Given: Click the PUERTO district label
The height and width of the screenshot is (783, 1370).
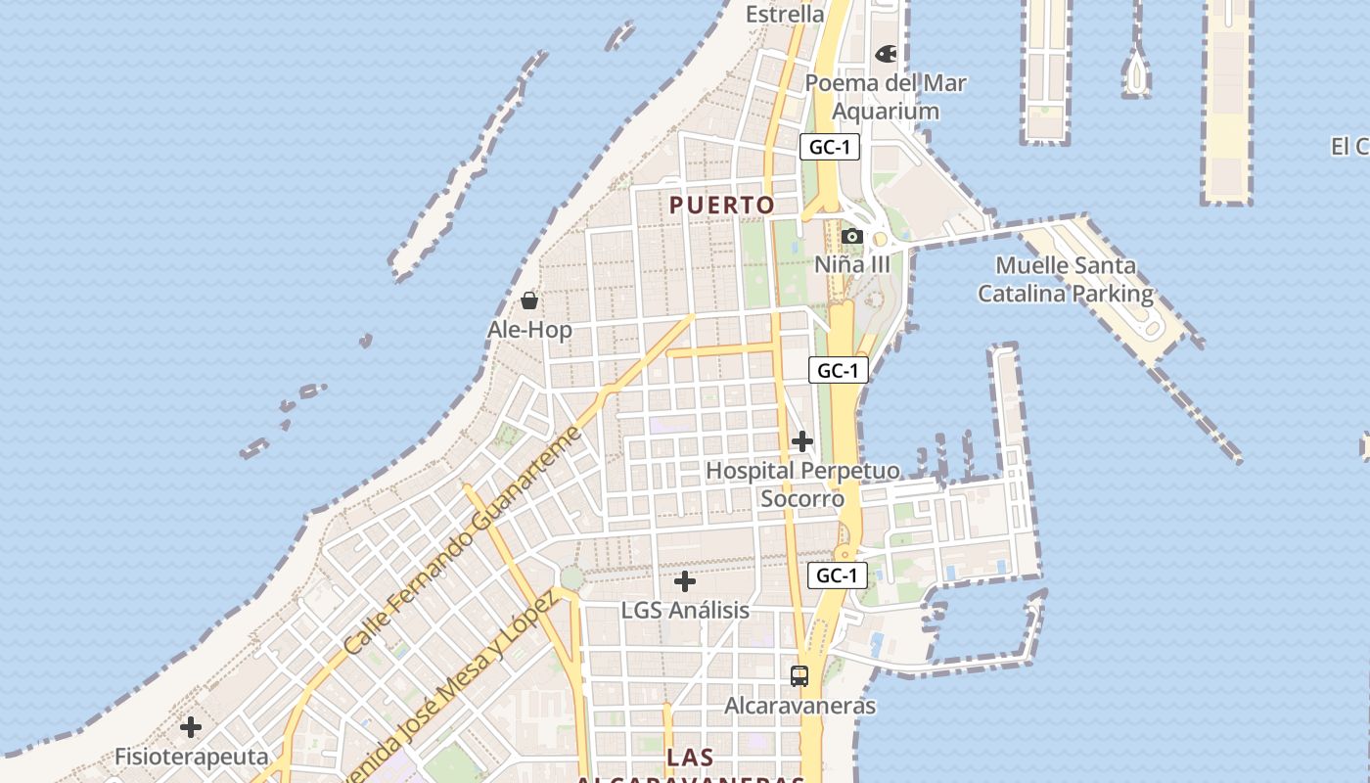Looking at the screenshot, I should [722, 205].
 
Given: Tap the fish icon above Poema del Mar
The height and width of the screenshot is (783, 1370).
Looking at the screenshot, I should [887, 54].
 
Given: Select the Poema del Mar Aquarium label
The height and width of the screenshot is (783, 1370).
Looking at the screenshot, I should [886, 97].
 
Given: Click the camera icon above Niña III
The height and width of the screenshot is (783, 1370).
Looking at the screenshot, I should [851, 236].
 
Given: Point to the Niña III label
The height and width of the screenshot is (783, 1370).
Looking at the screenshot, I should [852, 264].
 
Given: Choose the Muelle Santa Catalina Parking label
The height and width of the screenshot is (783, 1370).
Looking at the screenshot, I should [1066, 279].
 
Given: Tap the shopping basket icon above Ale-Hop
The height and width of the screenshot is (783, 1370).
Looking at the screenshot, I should [529, 300].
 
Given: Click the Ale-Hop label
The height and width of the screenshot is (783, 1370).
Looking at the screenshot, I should [529, 330].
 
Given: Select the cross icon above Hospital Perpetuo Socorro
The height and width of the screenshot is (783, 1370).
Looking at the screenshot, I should [802, 441].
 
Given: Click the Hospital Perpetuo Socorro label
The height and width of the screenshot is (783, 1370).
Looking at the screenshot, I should [802, 484].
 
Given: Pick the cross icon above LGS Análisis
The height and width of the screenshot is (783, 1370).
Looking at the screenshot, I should [685, 581].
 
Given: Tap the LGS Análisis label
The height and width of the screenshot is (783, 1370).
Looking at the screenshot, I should [685, 610].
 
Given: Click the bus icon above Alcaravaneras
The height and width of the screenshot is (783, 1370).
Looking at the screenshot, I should [799, 675].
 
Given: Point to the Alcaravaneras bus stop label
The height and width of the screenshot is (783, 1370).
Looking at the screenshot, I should [799, 705].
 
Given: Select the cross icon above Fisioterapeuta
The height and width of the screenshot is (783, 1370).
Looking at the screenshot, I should [191, 727].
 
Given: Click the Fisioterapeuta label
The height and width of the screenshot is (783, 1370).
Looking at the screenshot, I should [191, 757].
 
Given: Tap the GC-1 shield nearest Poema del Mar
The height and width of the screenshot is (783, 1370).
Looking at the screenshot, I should [830, 147].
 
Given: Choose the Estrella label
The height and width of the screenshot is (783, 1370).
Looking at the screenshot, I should [785, 14].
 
